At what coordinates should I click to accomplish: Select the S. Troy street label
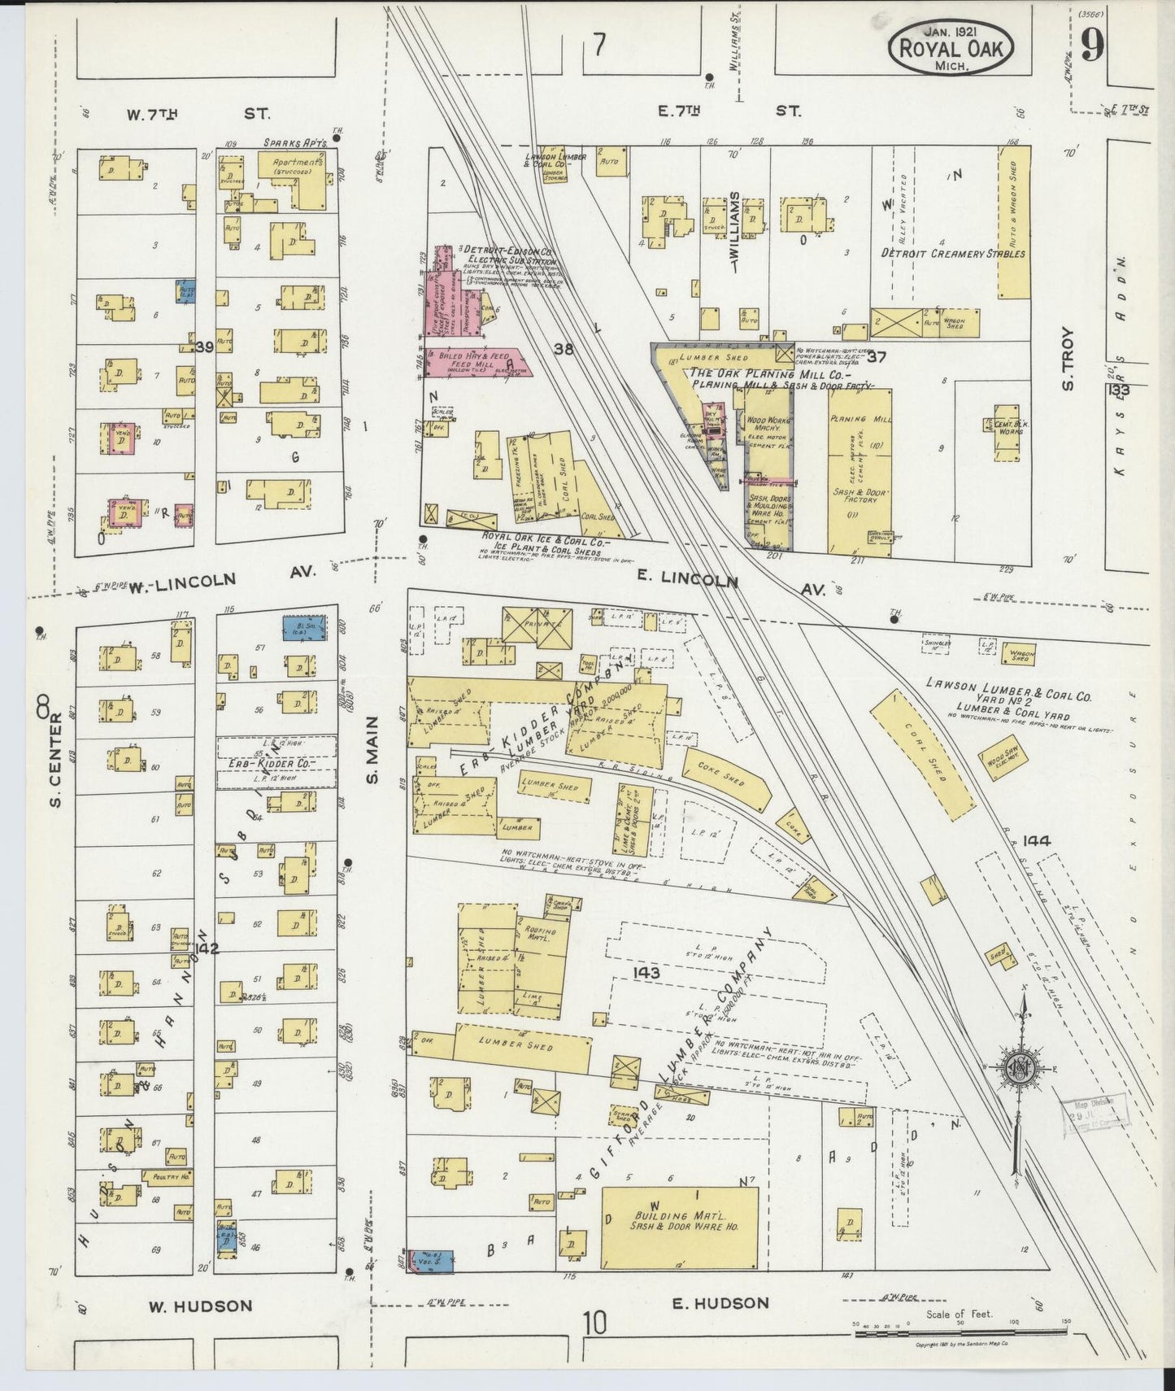pos(1068,358)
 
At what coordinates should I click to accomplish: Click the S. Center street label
pos(55,760)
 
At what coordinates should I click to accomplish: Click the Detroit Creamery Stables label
pos(953,253)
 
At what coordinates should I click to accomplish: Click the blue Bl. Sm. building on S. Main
pos(304,627)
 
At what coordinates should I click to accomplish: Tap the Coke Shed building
pos(726,778)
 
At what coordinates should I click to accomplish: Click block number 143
pos(644,973)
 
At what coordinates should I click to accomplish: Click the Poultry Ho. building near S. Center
pos(167,1175)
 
